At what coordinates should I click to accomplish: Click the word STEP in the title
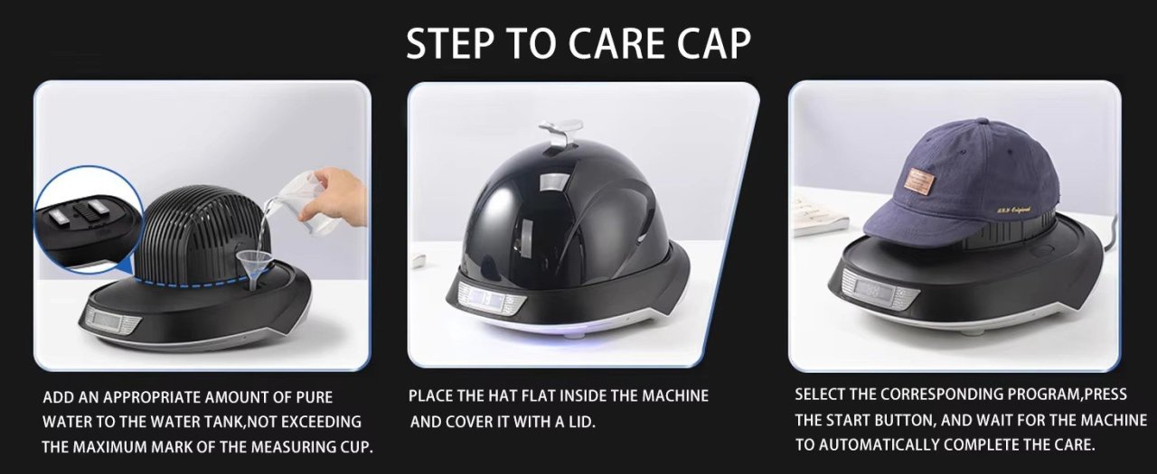tap(451, 43)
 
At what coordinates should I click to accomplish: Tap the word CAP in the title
tap(714, 43)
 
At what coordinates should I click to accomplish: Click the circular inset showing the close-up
tap(87, 220)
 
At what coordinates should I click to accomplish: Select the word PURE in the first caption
tap(314, 397)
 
